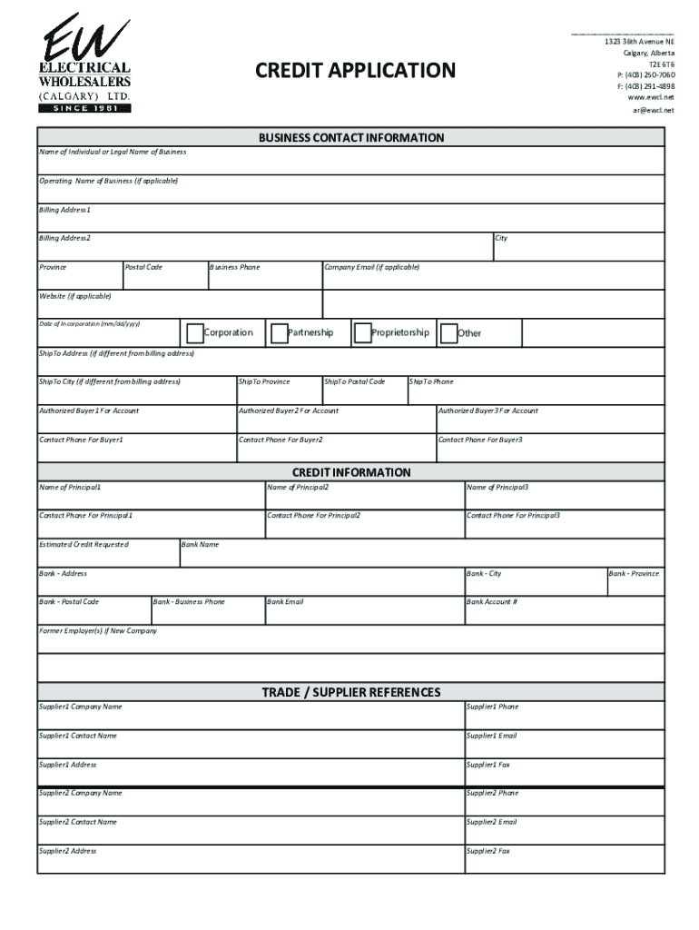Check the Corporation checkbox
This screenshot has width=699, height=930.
click(x=194, y=333)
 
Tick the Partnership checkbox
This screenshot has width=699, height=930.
click(x=280, y=333)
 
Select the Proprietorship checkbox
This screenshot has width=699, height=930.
click(x=362, y=333)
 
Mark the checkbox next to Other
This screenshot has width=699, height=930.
click(x=448, y=333)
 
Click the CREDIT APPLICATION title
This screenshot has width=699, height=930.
click(x=355, y=71)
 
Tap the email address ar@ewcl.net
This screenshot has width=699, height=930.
click(x=654, y=110)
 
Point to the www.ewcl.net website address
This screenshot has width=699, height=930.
click(x=651, y=97)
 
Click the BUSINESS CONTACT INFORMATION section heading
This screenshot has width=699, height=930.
click(x=351, y=138)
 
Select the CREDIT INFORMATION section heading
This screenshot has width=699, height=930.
click(x=351, y=472)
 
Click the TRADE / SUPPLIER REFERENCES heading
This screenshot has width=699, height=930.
click(x=351, y=692)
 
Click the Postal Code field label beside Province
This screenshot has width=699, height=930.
click(x=143, y=268)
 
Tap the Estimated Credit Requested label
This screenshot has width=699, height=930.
click(x=84, y=545)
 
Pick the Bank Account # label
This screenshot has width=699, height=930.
click(x=492, y=602)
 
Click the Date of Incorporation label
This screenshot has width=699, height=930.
click(x=89, y=324)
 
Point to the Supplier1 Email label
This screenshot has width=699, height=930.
click(x=492, y=737)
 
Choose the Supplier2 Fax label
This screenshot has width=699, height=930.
click(x=488, y=852)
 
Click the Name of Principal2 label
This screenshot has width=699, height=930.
click(x=299, y=488)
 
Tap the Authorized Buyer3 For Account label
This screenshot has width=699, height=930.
click(x=488, y=411)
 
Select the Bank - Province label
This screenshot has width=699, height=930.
click(x=634, y=574)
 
